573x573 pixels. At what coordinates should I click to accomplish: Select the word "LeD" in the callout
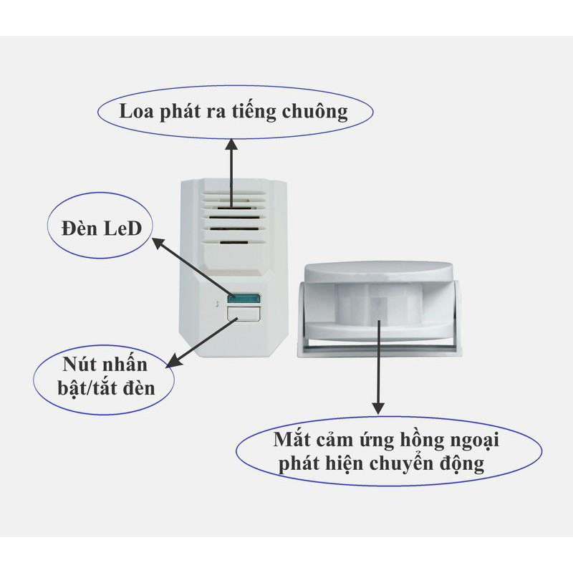(120, 229)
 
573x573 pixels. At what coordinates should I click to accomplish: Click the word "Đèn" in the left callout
(77, 229)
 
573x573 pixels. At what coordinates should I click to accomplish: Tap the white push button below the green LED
(242, 312)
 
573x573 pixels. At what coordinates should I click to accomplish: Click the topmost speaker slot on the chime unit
(231, 193)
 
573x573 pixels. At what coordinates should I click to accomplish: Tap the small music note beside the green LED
(216, 304)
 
